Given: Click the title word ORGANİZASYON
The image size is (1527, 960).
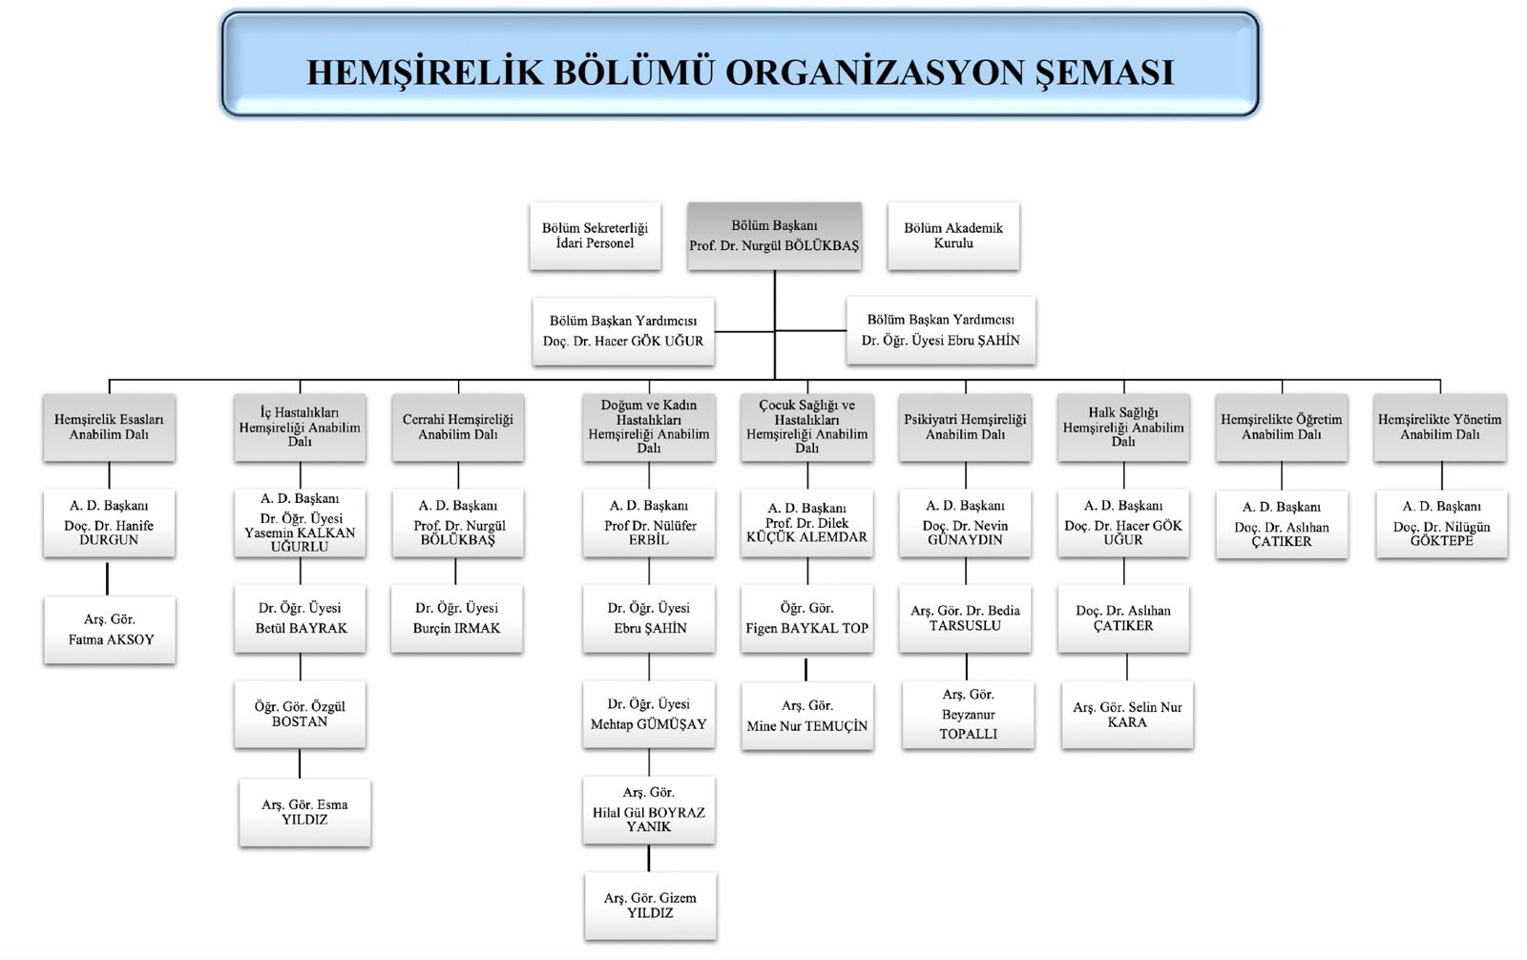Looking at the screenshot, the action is (x=874, y=73).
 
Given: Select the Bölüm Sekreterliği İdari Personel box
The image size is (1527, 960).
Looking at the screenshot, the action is (x=596, y=236).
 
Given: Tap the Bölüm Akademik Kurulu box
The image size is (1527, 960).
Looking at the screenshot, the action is (x=953, y=236).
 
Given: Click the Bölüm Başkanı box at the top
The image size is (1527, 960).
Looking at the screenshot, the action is (x=774, y=236).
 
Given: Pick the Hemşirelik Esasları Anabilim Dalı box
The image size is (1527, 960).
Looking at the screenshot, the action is (x=109, y=428).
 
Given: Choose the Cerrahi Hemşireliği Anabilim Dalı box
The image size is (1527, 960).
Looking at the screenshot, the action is (x=458, y=428).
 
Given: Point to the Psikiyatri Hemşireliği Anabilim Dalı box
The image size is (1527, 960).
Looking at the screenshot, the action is (x=965, y=428).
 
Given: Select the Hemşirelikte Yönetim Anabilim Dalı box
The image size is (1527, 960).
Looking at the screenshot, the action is (x=1440, y=428).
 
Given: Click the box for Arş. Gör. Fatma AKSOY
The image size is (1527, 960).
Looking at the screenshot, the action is (x=110, y=630).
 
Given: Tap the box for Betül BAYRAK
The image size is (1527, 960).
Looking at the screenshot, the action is (x=300, y=618).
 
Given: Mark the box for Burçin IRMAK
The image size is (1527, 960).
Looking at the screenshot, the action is (x=457, y=618).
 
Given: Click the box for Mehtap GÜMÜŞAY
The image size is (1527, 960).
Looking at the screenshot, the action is (x=649, y=715).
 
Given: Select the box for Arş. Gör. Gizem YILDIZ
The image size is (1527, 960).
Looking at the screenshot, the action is (x=650, y=907).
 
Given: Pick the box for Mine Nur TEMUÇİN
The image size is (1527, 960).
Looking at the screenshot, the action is (x=807, y=716).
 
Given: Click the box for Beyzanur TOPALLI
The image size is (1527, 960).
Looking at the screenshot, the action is (x=968, y=715).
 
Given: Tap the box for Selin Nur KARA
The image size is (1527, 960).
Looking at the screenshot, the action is (x=1127, y=715).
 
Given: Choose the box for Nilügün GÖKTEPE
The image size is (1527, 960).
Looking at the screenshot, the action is (x=1442, y=524).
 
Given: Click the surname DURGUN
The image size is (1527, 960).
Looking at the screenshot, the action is (x=109, y=540).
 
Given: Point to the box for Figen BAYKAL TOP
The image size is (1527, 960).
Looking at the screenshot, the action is (x=807, y=618).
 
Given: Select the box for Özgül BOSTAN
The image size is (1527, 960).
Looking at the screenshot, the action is (x=300, y=715).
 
